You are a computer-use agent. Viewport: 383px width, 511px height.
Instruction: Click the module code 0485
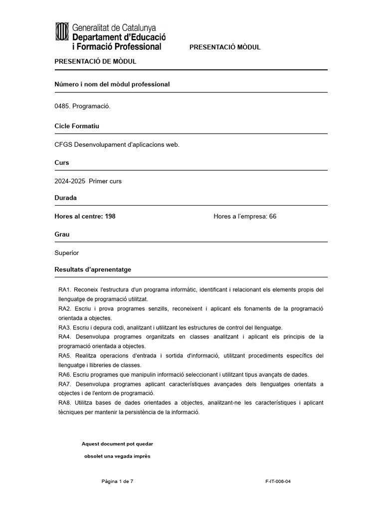click(x=62, y=106)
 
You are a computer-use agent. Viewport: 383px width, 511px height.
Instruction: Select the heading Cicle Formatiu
click(x=77, y=126)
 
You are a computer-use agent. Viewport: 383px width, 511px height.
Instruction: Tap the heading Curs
click(x=62, y=163)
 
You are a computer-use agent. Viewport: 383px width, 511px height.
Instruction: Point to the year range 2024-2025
click(x=70, y=181)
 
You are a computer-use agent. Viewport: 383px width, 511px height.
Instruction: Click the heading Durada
click(x=65, y=198)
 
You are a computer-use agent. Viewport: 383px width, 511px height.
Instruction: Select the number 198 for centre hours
click(x=110, y=216)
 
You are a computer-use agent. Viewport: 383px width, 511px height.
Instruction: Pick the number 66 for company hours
click(x=272, y=216)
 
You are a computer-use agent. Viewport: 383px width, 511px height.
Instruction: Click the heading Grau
click(x=62, y=235)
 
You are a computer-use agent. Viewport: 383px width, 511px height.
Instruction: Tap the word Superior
click(x=66, y=253)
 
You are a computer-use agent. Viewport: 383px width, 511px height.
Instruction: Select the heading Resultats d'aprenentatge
click(x=93, y=269)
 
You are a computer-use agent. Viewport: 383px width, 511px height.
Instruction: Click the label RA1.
click(x=65, y=289)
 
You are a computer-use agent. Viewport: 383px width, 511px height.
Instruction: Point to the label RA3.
click(x=65, y=327)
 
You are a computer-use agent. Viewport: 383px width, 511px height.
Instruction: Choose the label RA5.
click(x=65, y=356)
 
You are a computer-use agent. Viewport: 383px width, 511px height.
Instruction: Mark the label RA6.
click(x=65, y=375)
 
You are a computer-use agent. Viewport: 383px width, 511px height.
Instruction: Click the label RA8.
click(x=65, y=403)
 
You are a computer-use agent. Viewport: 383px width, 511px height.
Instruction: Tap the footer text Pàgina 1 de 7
click(x=117, y=482)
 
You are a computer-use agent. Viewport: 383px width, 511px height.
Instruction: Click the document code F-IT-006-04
click(x=278, y=482)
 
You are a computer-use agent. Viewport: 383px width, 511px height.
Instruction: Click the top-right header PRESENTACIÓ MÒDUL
click(x=225, y=47)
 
